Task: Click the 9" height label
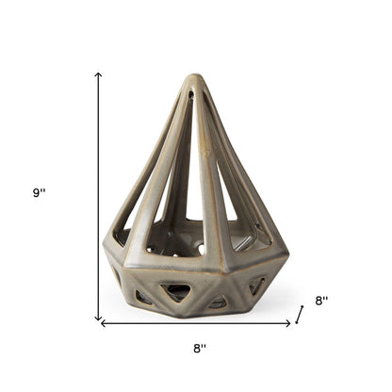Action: pos(39,192)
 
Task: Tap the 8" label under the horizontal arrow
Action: pos(199,348)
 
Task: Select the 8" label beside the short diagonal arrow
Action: pos(321,301)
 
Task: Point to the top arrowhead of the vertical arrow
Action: pos(98,74)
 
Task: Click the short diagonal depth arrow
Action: pos(300,313)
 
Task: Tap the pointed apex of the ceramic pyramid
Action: pos(193,79)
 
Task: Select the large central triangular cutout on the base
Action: pos(177,291)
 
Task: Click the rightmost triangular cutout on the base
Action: pos(257,286)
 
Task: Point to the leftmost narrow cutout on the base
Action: pos(115,277)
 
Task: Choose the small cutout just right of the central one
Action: pos(218,302)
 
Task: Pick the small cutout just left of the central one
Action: pos(142,298)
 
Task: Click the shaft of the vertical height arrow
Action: pos(98,198)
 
